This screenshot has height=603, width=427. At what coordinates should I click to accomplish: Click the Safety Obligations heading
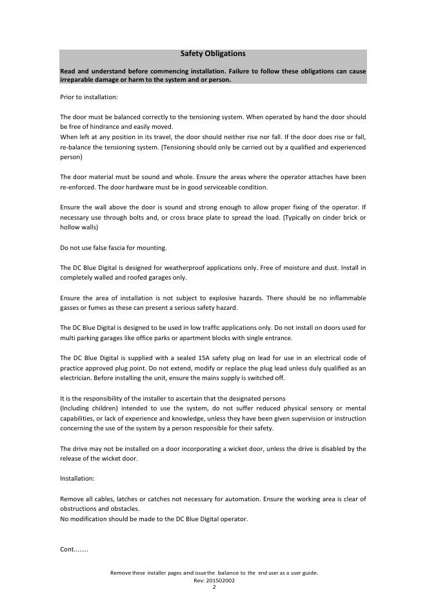coord(213,54)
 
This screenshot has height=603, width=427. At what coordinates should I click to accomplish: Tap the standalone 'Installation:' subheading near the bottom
coord(77,479)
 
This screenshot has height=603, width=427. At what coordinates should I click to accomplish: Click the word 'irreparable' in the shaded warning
coord(77,80)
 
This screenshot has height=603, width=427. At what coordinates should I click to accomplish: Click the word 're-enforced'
coord(78,187)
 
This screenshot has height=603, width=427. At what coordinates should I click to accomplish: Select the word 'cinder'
coord(326,217)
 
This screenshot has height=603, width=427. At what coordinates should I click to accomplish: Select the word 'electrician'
coord(77,378)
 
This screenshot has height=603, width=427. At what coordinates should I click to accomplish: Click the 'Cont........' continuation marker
coord(74,550)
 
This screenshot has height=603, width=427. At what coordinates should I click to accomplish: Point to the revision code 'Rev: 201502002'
coord(213,580)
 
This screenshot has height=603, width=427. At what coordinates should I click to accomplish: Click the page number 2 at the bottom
coord(213,587)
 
